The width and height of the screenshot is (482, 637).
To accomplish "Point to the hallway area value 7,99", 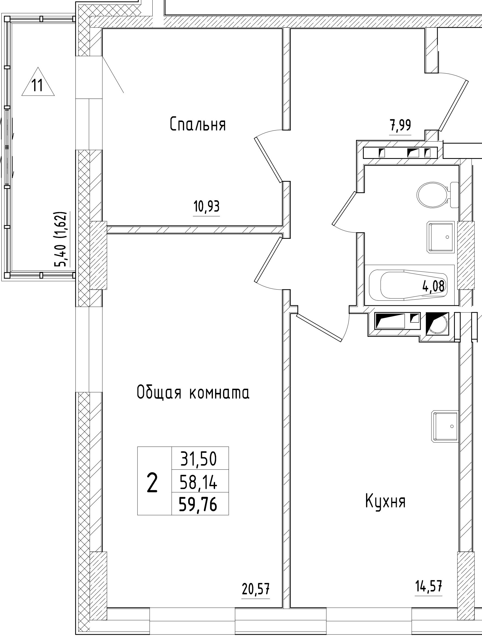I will (401, 126).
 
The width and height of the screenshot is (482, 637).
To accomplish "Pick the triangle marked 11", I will (38, 83).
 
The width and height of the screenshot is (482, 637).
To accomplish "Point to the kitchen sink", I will (444, 426).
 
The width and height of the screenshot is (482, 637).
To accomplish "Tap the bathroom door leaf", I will (344, 209).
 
